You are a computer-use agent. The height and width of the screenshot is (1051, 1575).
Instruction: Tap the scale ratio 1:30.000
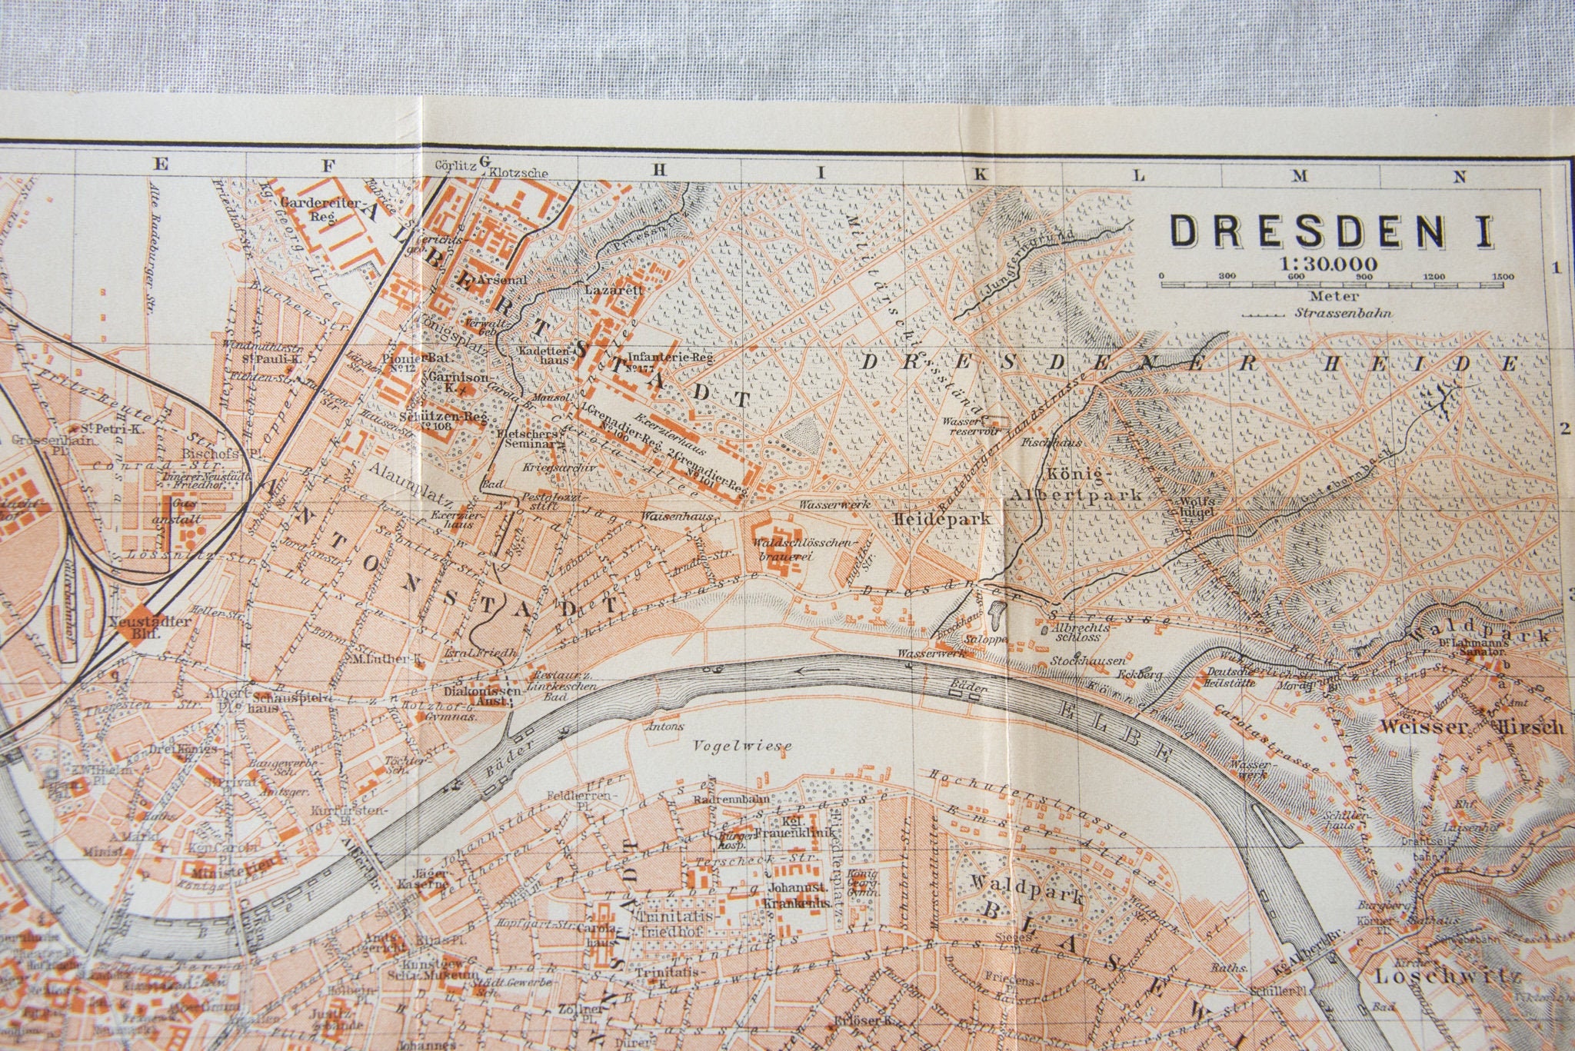[x=1328, y=264]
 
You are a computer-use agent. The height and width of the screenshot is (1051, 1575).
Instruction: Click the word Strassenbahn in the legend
[x=1344, y=314]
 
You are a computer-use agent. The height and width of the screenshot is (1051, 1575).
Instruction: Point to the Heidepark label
[x=941, y=519]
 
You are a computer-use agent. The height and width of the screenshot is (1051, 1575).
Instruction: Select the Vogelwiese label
[x=742, y=745]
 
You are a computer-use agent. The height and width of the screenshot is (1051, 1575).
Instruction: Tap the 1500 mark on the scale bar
[x=1500, y=277]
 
